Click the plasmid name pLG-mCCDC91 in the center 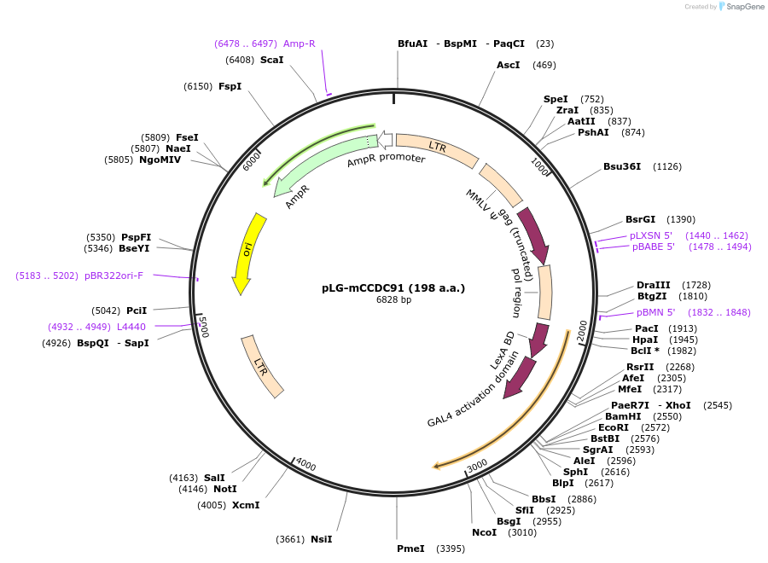coord(393,287)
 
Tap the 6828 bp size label coord(393,300)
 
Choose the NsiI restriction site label coord(321,539)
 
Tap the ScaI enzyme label coord(271,60)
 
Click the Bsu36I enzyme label coord(621,166)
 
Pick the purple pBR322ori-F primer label coord(113,276)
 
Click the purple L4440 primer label coord(131,326)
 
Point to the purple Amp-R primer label coord(299,44)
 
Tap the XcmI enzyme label coord(246,505)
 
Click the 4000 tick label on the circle coord(305,466)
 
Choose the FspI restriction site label coord(230,86)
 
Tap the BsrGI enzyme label coord(640,219)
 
